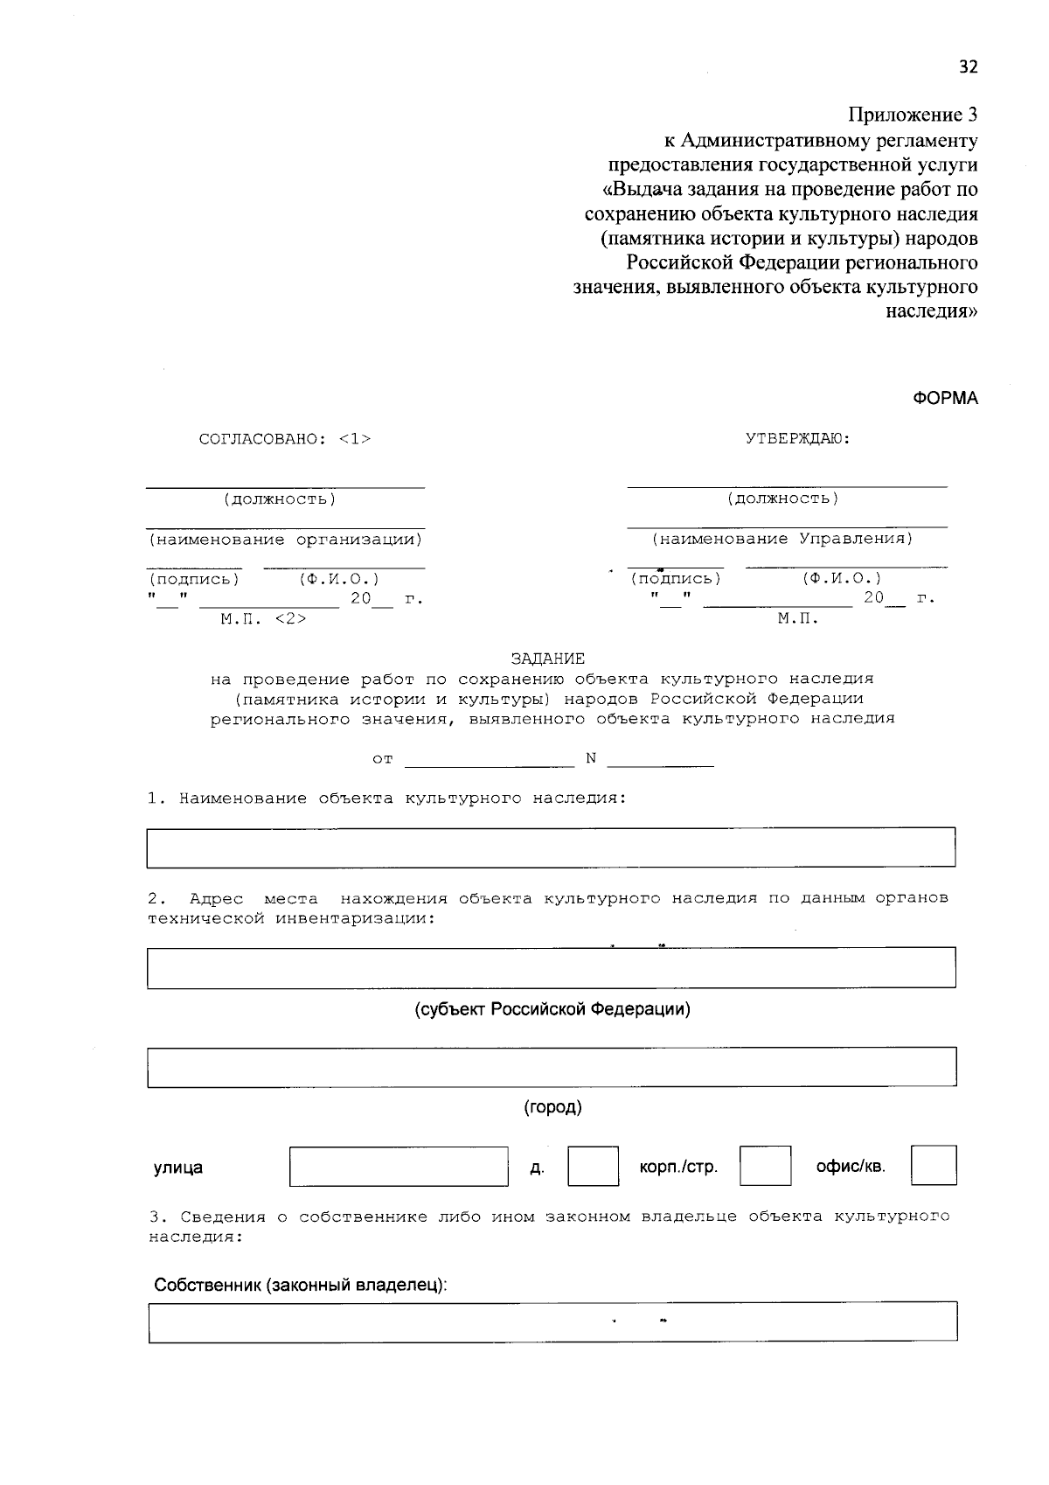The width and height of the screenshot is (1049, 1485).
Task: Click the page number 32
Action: [968, 67]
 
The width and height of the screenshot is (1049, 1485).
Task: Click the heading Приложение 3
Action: [913, 115]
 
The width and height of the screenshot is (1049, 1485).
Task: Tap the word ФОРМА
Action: [946, 399]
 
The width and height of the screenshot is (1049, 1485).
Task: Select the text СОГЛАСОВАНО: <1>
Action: [285, 439]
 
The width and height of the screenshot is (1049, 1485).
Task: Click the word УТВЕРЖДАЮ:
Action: [798, 438]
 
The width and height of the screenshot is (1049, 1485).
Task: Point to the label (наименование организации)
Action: [285, 540]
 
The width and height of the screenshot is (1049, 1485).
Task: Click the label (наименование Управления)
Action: [782, 539]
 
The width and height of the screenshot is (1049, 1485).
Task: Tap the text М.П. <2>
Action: [263, 619]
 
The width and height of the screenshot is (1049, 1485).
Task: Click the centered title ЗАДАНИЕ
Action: [548, 659]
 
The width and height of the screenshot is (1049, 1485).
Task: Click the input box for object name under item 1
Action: [551, 847]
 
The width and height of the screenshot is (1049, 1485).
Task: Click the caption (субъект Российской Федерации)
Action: [552, 1009]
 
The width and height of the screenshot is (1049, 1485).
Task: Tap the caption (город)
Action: [552, 1107]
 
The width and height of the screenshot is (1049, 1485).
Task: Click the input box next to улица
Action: [399, 1167]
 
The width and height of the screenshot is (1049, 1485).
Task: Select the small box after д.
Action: [593, 1167]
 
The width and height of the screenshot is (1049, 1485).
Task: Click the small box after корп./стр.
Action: [765, 1167]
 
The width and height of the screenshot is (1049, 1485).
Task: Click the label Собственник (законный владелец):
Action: [301, 1286]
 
